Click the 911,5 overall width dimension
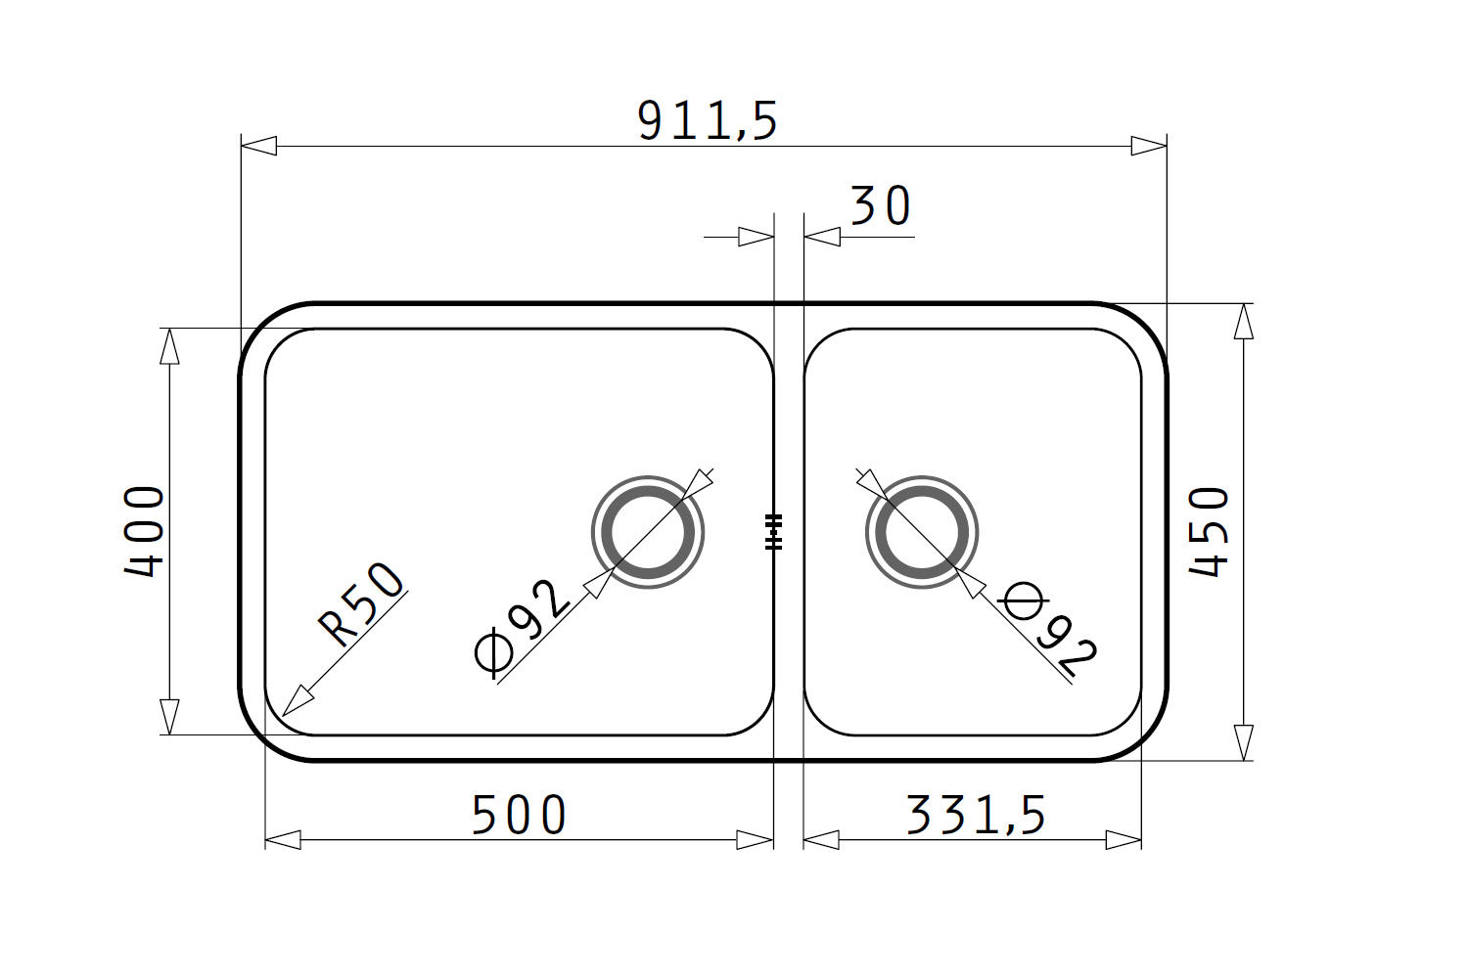[x=708, y=120]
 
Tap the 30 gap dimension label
[x=880, y=205]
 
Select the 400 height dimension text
[x=144, y=531]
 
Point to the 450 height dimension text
[x=1209, y=532]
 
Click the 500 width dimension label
[x=519, y=815]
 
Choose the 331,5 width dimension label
[x=976, y=816]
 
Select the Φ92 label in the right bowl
[x=1048, y=629]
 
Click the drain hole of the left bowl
[x=648, y=532]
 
